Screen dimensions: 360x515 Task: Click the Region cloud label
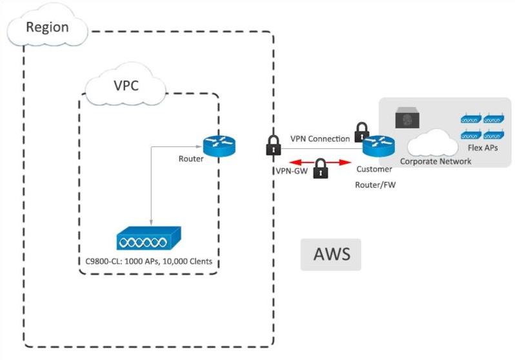(46, 28)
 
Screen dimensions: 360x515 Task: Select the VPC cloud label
(126, 86)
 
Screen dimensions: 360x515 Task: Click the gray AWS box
(331, 254)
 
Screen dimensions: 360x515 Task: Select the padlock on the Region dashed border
(274, 145)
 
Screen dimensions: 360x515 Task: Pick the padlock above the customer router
(361, 132)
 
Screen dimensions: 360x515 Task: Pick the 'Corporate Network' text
(435, 161)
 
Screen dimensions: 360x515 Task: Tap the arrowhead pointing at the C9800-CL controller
(150, 222)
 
